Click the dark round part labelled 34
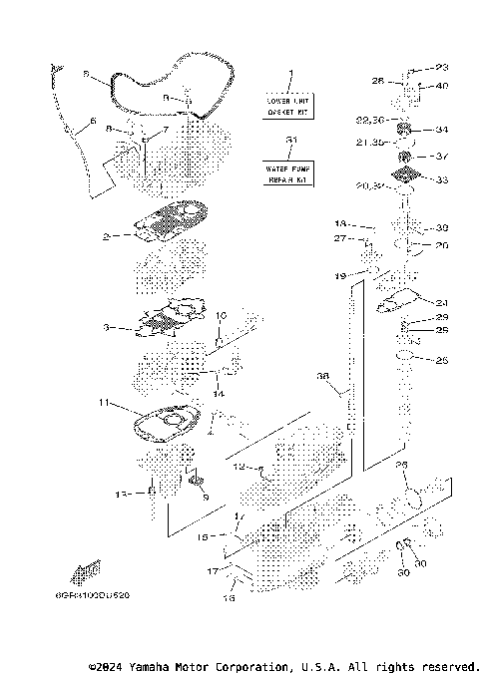point(406,130)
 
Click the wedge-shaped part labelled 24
point(403,298)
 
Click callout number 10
point(222,315)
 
